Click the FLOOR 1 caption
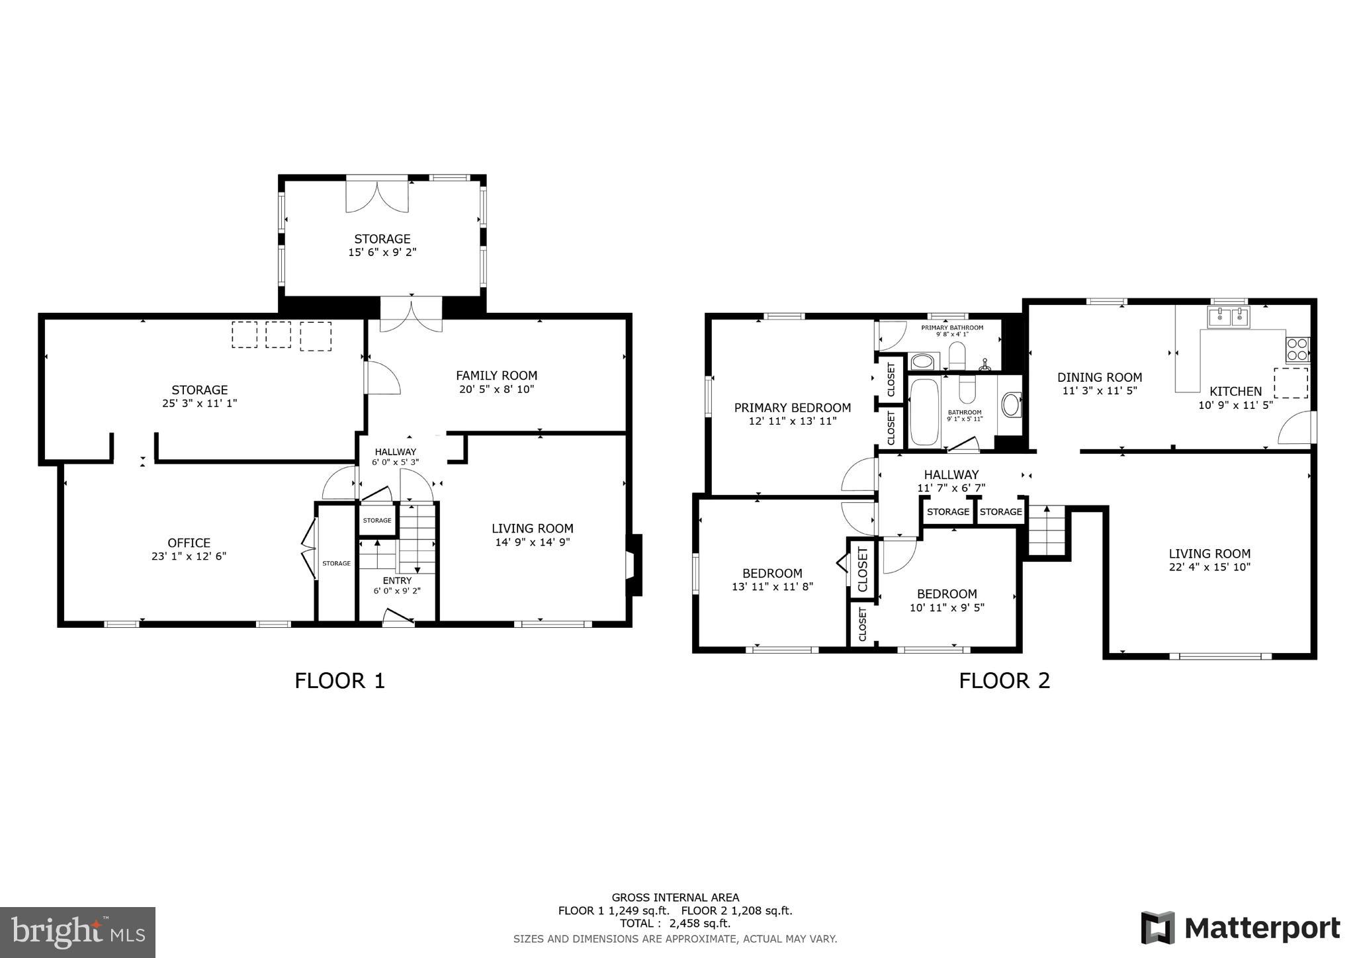tap(339, 681)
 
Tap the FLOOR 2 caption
tap(1004, 681)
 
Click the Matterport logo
tap(1241, 928)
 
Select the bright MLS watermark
tap(77, 932)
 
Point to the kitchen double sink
tap(1229, 318)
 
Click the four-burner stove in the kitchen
tap(1297, 349)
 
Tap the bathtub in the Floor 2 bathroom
tap(924, 412)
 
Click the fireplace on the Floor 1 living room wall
tap(633, 565)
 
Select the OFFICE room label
tap(189, 543)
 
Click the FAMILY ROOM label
tap(496, 376)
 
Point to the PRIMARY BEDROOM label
tap(792, 408)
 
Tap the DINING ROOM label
tap(1099, 378)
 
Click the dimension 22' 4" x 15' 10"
tap(1209, 567)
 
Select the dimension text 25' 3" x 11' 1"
tap(199, 403)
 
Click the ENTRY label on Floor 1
tap(396, 581)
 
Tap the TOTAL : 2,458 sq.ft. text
tap(675, 924)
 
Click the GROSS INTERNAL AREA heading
tap(675, 898)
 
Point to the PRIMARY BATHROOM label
tap(951, 327)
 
